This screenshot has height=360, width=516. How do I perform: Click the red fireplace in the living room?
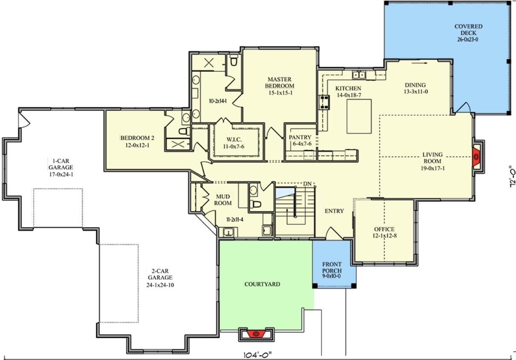[476, 157]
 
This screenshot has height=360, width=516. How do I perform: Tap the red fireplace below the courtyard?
[256, 334]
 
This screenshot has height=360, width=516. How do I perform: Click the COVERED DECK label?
[468, 30]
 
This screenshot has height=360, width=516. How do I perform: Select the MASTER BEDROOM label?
[280, 83]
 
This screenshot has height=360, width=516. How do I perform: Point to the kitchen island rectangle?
[359, 116]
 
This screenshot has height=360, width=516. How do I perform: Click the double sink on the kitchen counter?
[359, 75]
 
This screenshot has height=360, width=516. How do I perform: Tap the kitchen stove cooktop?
[324, 102]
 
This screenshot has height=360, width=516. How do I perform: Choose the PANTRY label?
[300, 137]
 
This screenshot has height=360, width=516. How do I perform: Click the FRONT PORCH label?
[332, 267]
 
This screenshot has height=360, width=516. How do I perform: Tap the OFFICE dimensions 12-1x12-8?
[385, 236]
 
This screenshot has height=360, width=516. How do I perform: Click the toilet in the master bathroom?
[233, 60]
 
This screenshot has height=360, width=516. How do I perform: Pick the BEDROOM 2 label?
[137, 138]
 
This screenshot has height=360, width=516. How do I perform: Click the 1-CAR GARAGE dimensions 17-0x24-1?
[61, 174]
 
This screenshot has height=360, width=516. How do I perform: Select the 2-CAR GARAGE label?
[160, 274]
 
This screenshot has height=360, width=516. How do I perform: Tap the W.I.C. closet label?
[234, 139]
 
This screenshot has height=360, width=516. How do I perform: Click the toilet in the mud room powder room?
[256, 204]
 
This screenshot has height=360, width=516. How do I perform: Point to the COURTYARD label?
[262, 284]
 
